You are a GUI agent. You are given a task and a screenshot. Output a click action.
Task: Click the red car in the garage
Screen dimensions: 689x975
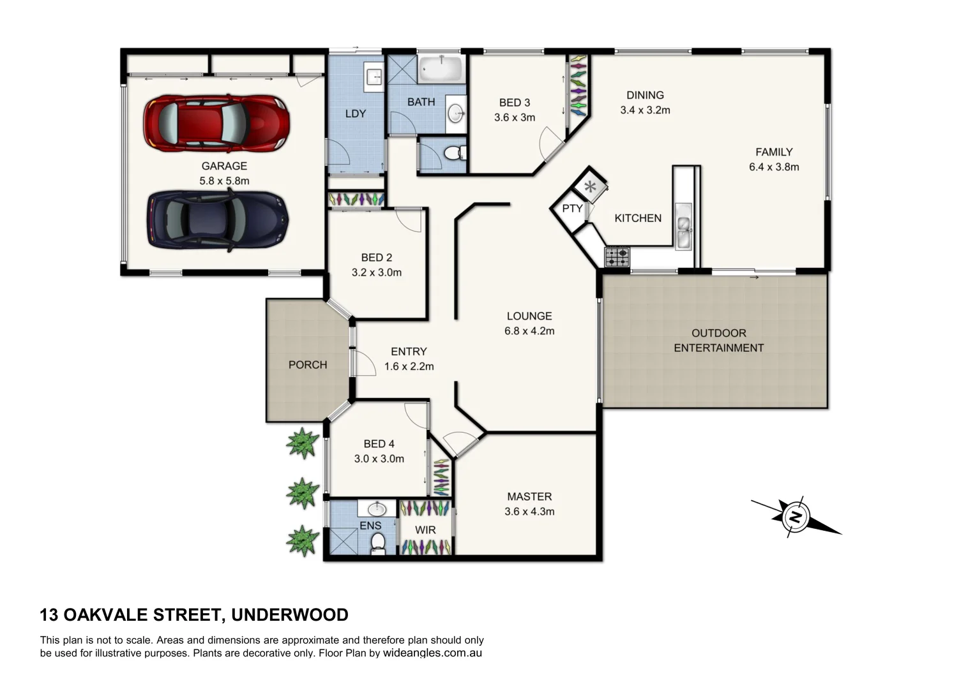click(216, 123)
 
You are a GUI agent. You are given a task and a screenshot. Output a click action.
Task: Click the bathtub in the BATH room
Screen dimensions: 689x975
click(441, 68)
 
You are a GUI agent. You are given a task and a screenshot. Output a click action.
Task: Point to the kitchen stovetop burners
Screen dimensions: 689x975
click(617, 257)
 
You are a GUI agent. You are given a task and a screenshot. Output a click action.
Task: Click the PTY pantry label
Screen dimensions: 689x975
click(572, 209)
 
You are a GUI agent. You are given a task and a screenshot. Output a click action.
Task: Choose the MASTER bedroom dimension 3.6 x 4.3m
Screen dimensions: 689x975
click(529, 512)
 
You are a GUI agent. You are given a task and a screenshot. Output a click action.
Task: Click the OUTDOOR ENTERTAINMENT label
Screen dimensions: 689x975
click(718, 341)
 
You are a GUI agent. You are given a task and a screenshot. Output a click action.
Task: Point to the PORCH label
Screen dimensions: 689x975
click(308, 365)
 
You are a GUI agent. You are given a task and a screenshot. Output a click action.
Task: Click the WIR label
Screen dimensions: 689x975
click(425, 530)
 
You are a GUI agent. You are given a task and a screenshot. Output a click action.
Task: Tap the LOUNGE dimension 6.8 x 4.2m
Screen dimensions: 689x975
click(529, 331)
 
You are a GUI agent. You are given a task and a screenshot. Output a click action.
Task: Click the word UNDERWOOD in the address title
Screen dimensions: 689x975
click(290, 615)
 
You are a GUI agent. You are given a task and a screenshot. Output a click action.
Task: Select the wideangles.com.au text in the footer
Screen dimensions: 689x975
click(432, 653)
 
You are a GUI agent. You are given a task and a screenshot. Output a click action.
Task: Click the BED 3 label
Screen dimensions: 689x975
click(515, 103)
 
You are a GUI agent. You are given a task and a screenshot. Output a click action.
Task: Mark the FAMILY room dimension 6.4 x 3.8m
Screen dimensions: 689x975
click(774, 167)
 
